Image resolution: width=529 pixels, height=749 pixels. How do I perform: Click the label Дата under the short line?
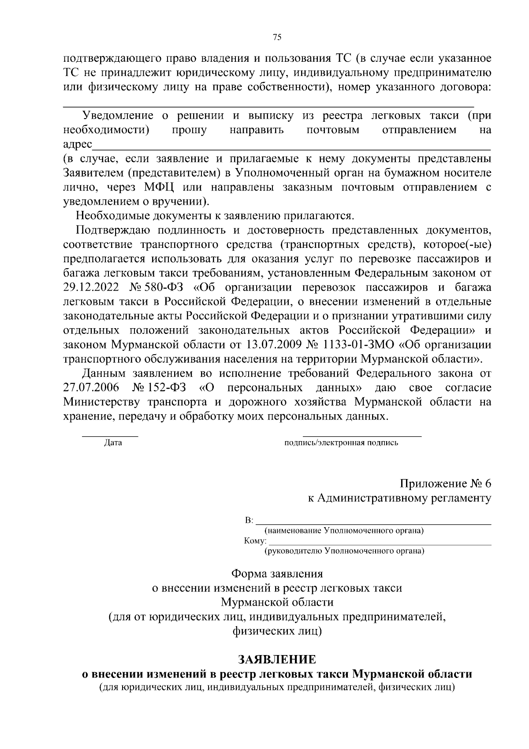tap(113, 443)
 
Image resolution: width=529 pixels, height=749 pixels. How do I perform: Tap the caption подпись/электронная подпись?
tap(342, 443)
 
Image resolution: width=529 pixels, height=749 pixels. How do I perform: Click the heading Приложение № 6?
tap(445, 483)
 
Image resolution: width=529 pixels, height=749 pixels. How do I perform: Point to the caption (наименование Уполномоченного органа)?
tap(343, 531)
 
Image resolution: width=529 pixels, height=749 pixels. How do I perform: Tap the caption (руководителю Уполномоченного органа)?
tap(344, 551)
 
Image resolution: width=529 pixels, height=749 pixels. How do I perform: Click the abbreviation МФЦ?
tap(159, 187)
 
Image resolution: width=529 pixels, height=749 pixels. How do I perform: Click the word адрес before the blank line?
tap(78, 145)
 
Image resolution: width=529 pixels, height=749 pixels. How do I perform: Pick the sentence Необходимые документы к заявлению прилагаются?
tap(215, 216)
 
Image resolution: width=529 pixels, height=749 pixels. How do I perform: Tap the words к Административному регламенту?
tap(399, 498)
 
